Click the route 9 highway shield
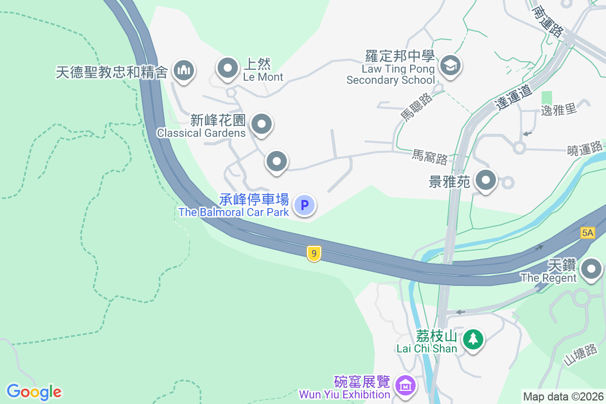pos(314,254)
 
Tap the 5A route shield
pos(587,233)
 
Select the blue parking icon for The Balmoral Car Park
pos(305,205)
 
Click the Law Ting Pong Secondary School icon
pos(450,66)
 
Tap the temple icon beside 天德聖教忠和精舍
pos(183,71)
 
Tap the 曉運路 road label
pos(585,148)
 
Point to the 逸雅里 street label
pos(559,109)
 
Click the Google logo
pos(34,391)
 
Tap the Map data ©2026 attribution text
pos(563,396)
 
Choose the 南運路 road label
pos(547,21)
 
